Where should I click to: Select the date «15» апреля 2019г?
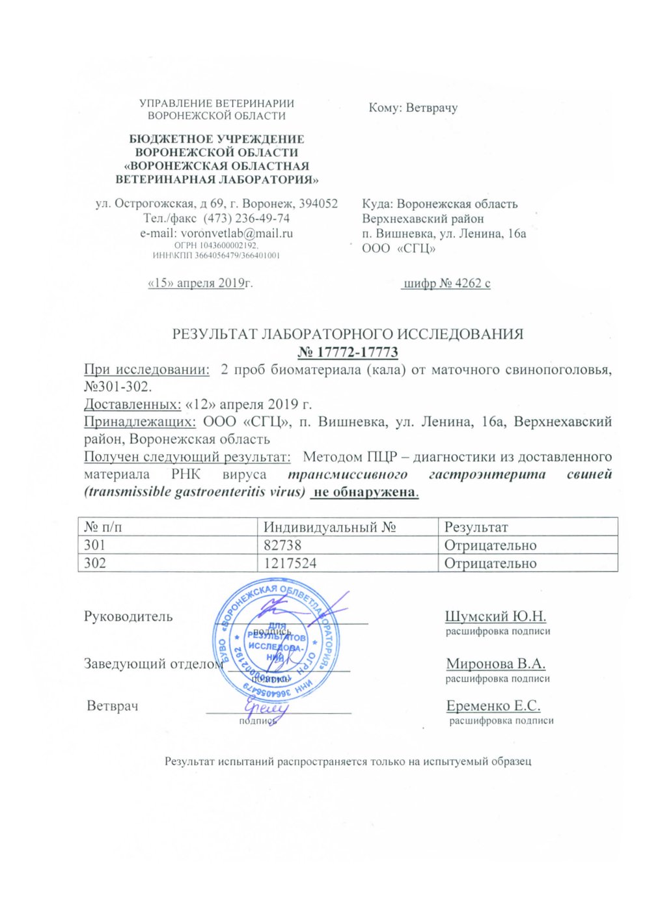(200, 283)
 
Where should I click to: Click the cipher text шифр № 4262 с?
(446, 283)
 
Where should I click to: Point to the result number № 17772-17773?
(348, 352)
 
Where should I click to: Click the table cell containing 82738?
(350, 545)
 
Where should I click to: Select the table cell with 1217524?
(350, 563)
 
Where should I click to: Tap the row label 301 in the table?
(95, 545)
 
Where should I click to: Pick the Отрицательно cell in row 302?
(490, 563)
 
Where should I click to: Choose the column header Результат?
(476, 527)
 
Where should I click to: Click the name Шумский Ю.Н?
(495, 616)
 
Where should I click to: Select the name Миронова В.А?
(495, 664)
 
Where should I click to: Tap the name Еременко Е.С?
(493, 705)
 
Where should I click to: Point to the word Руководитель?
(128, 616)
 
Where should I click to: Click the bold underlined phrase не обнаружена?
(364, 492)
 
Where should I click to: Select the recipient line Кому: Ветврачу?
(413, 107)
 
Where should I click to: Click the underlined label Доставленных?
(133, 404)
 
